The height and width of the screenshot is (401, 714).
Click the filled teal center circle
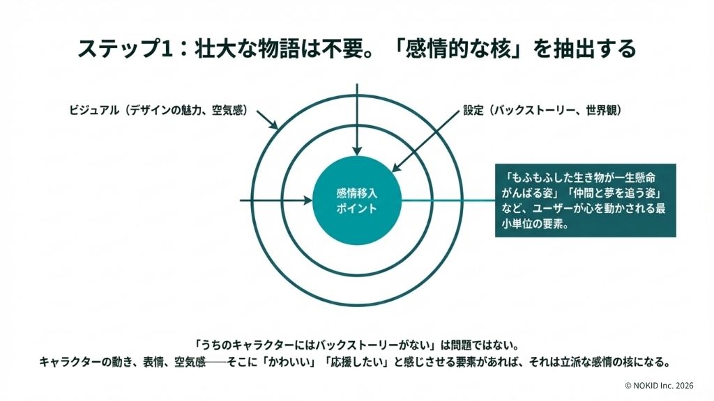(357, 200)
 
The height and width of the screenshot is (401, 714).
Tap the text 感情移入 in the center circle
(357, 194)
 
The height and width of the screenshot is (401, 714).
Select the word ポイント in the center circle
(357, 208)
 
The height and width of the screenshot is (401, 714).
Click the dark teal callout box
(585, 200)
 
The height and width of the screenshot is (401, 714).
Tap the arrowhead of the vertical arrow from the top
(357, 151)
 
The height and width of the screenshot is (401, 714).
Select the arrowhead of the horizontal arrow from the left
(308, 200)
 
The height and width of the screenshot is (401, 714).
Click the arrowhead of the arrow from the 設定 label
(396, 168)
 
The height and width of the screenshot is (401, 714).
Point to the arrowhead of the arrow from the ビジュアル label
(274, 125)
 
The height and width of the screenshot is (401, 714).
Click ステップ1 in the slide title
(125, 48)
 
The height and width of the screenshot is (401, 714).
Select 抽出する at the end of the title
(594, 48)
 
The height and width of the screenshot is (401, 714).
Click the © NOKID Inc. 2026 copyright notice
(659, 386)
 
